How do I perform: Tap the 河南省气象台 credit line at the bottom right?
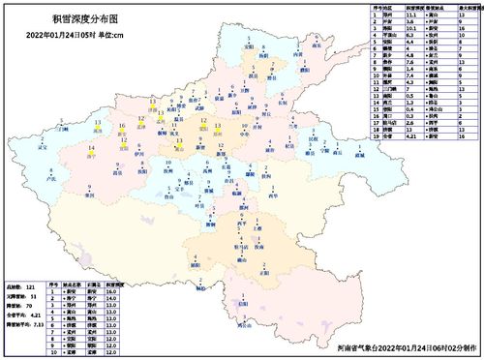point(407,346)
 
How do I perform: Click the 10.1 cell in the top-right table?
point(409,30)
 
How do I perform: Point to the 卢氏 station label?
point(49,180)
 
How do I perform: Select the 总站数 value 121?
point(45,288)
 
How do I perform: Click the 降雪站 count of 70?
point(45,306)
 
